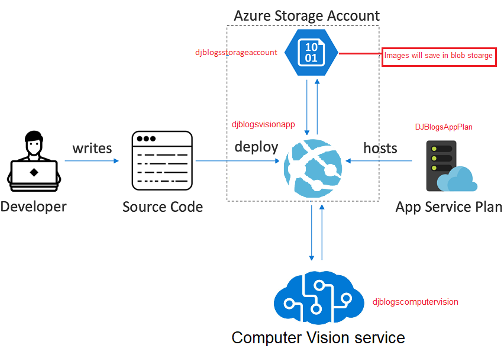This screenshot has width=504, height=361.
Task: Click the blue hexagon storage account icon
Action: coord(311,52)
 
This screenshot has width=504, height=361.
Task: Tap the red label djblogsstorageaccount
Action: coord(236,52)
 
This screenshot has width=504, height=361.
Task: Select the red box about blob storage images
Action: coord(438,56)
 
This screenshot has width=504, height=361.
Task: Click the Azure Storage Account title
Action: coord(306,15)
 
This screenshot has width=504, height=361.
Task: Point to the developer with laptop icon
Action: coord(34,162)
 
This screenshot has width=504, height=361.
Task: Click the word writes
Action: coord(92,148)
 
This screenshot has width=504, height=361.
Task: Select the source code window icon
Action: coord(162,161)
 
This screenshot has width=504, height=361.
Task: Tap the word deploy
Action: coord(256,146)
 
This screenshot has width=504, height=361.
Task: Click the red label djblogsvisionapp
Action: coord(263,124)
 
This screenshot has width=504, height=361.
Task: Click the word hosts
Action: coord(380,147)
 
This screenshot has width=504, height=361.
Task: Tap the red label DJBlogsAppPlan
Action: coord(444,127)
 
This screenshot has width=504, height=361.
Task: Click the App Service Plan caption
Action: coord(448,207)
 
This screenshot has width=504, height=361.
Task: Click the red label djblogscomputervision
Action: coord(415,302)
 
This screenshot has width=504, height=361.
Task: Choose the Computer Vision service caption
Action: coord(318,338)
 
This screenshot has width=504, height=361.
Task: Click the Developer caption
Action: coord(34,207)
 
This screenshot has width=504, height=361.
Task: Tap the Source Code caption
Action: coord(163,207)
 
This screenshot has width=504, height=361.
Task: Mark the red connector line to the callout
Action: coord(360,53)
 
